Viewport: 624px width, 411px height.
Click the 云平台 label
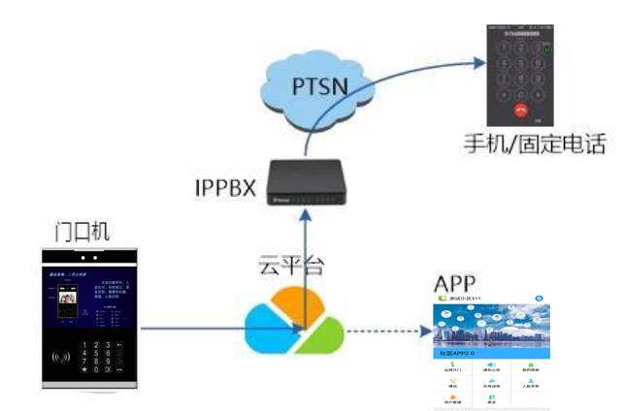[x=289, y=262]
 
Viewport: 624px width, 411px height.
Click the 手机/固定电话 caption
[x=534, y=144]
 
